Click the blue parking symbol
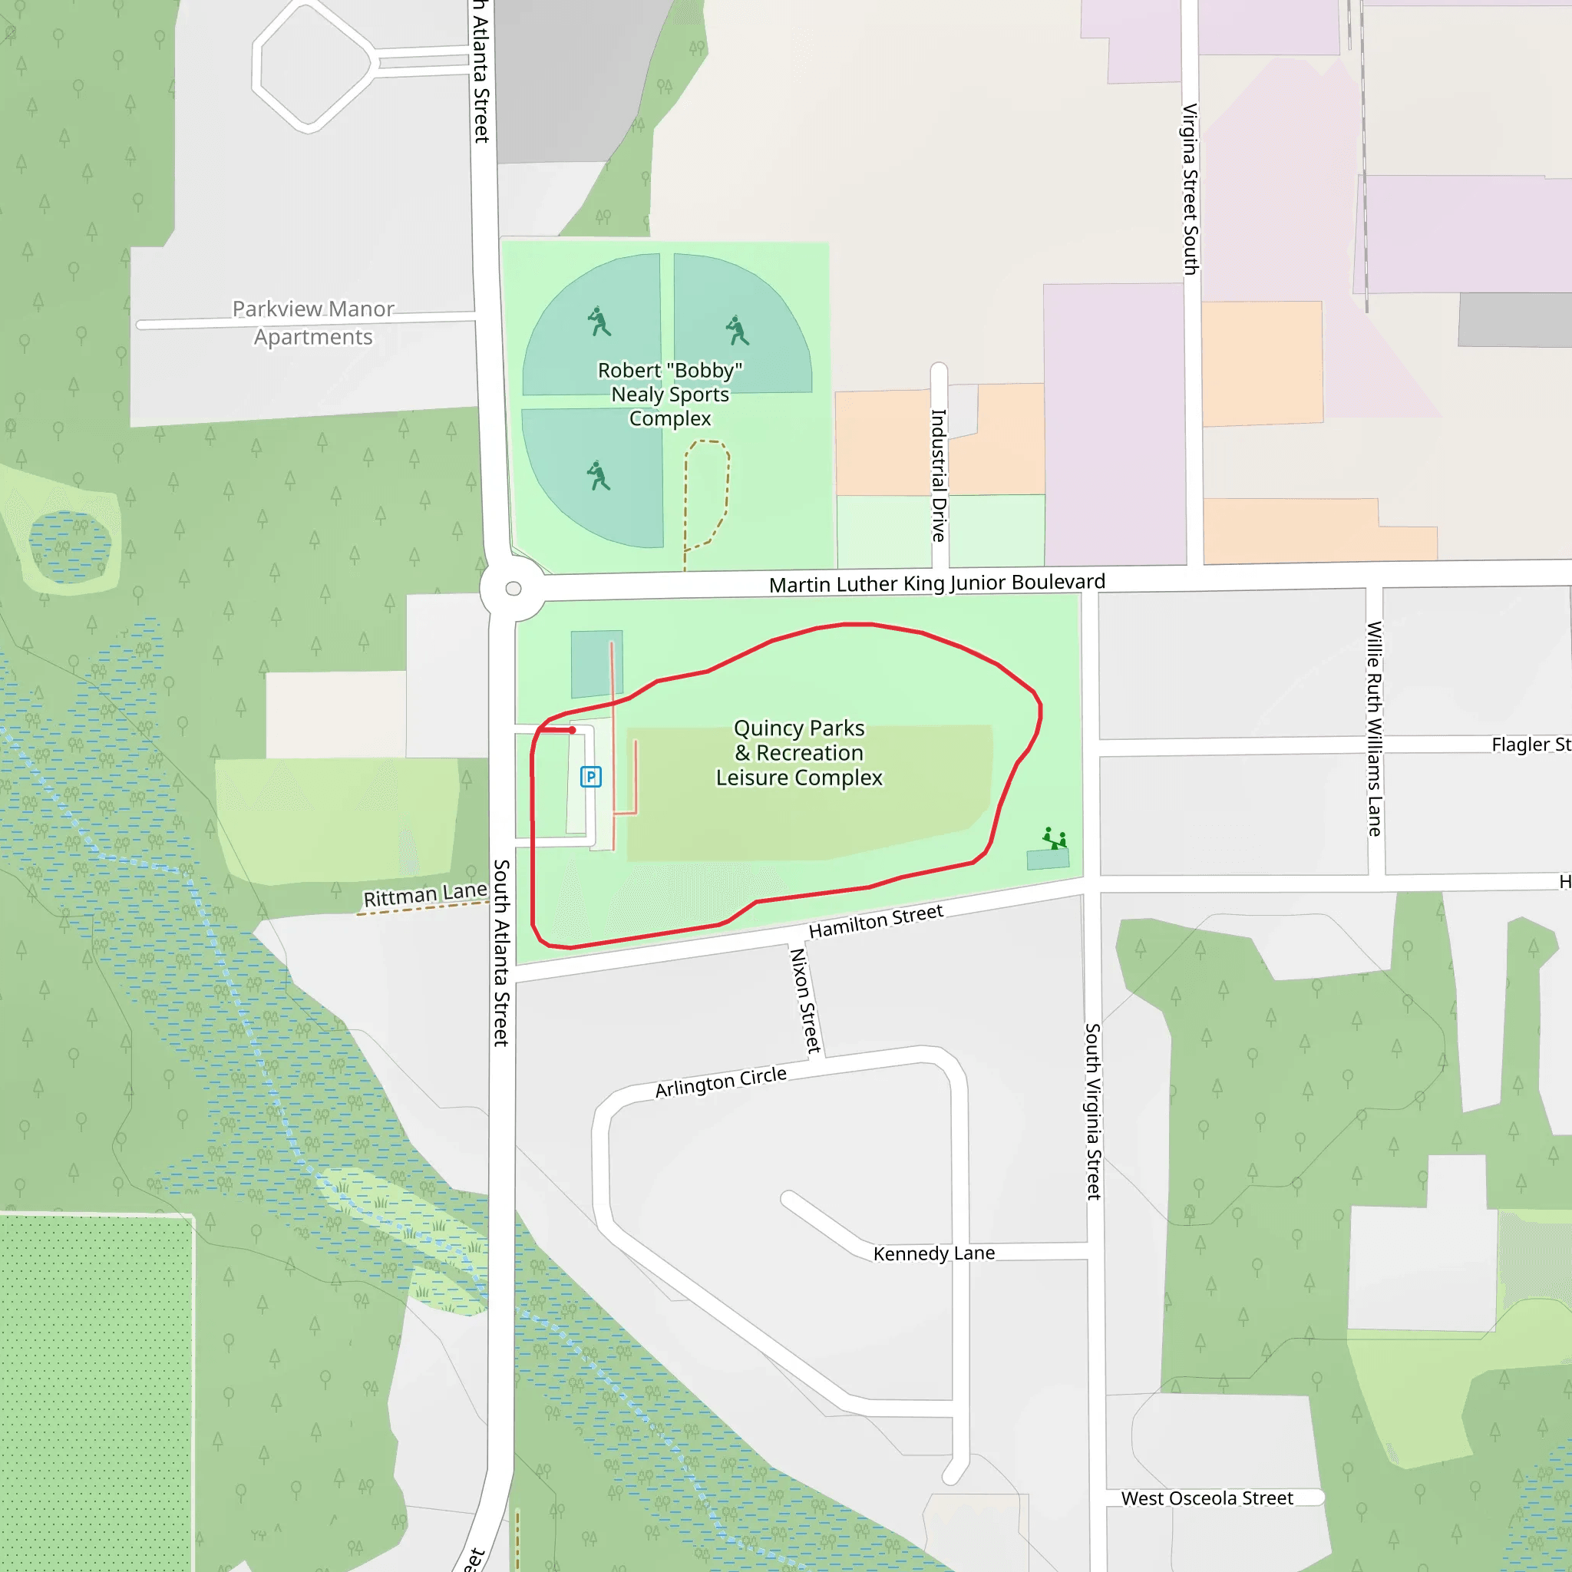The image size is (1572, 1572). [x=591, y=776]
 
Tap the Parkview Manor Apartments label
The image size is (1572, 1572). [x=313, y=323]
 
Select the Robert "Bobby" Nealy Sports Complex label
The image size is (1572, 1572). [x=669, y=395]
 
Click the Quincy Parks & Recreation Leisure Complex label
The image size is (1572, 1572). [x=798, y=753]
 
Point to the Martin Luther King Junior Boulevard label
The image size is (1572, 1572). [x=936, y=583]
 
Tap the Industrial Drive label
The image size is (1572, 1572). [x=939, y=475]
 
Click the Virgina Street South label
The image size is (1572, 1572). [x=1190, y=189]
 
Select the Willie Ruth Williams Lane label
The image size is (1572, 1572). [x=1374, y=728]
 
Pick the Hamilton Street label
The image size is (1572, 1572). [x=876, y=921]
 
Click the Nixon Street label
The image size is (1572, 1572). [x=804, y=1001]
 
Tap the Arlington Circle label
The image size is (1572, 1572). [x=721, y=1082]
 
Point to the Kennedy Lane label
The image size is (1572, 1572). [x=933, y=1253]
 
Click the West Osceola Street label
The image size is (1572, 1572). [x=1207, y=1498]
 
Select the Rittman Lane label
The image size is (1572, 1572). [x=424, y=896]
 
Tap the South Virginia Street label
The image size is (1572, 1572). [x=1093, y=1111]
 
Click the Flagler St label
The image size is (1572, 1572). [x=1530, y=745]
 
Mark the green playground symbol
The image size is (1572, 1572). [x=1055, y=838]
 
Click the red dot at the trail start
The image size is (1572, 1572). [x=573, y=731]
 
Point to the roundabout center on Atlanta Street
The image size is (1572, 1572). [x=514, y=589]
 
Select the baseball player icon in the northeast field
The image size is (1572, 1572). [x=737, y=329]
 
